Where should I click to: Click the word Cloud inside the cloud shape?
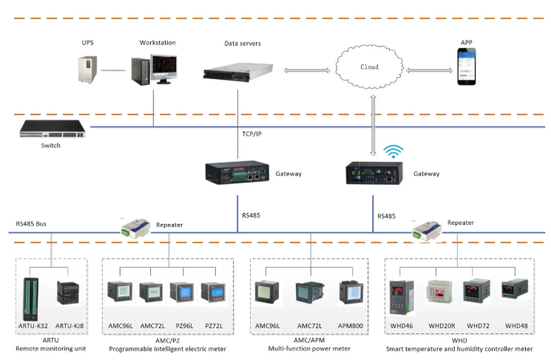tap(369, 67)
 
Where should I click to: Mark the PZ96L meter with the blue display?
tap(182, 296)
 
